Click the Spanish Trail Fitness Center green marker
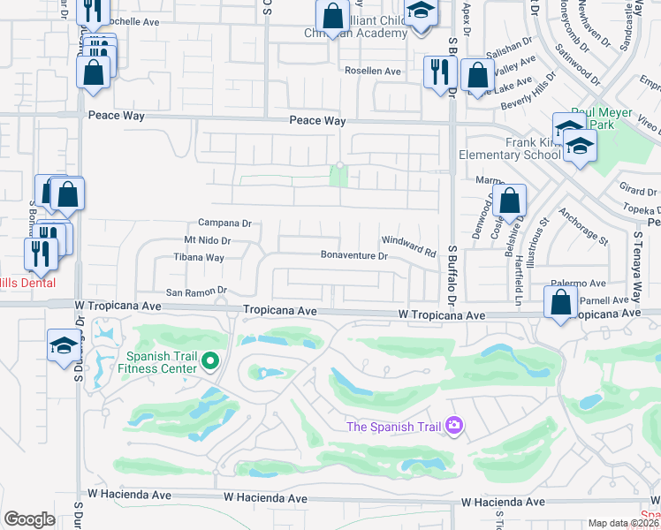tap(210, 360)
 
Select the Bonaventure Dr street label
tap(353, 256)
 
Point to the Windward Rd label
tap(409, 246)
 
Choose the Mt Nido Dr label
tap(207, 240)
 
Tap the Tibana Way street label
tap(198, 257)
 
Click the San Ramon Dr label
tap(197, 291)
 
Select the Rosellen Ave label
tap(373, 71)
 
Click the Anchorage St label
tap(584, 227)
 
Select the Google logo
tap(29, 519)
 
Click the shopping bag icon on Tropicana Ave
tap(561, 303)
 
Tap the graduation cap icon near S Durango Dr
tap(64, 345)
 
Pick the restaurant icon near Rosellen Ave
tap(437, 72)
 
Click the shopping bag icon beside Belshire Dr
tap(510, 201)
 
